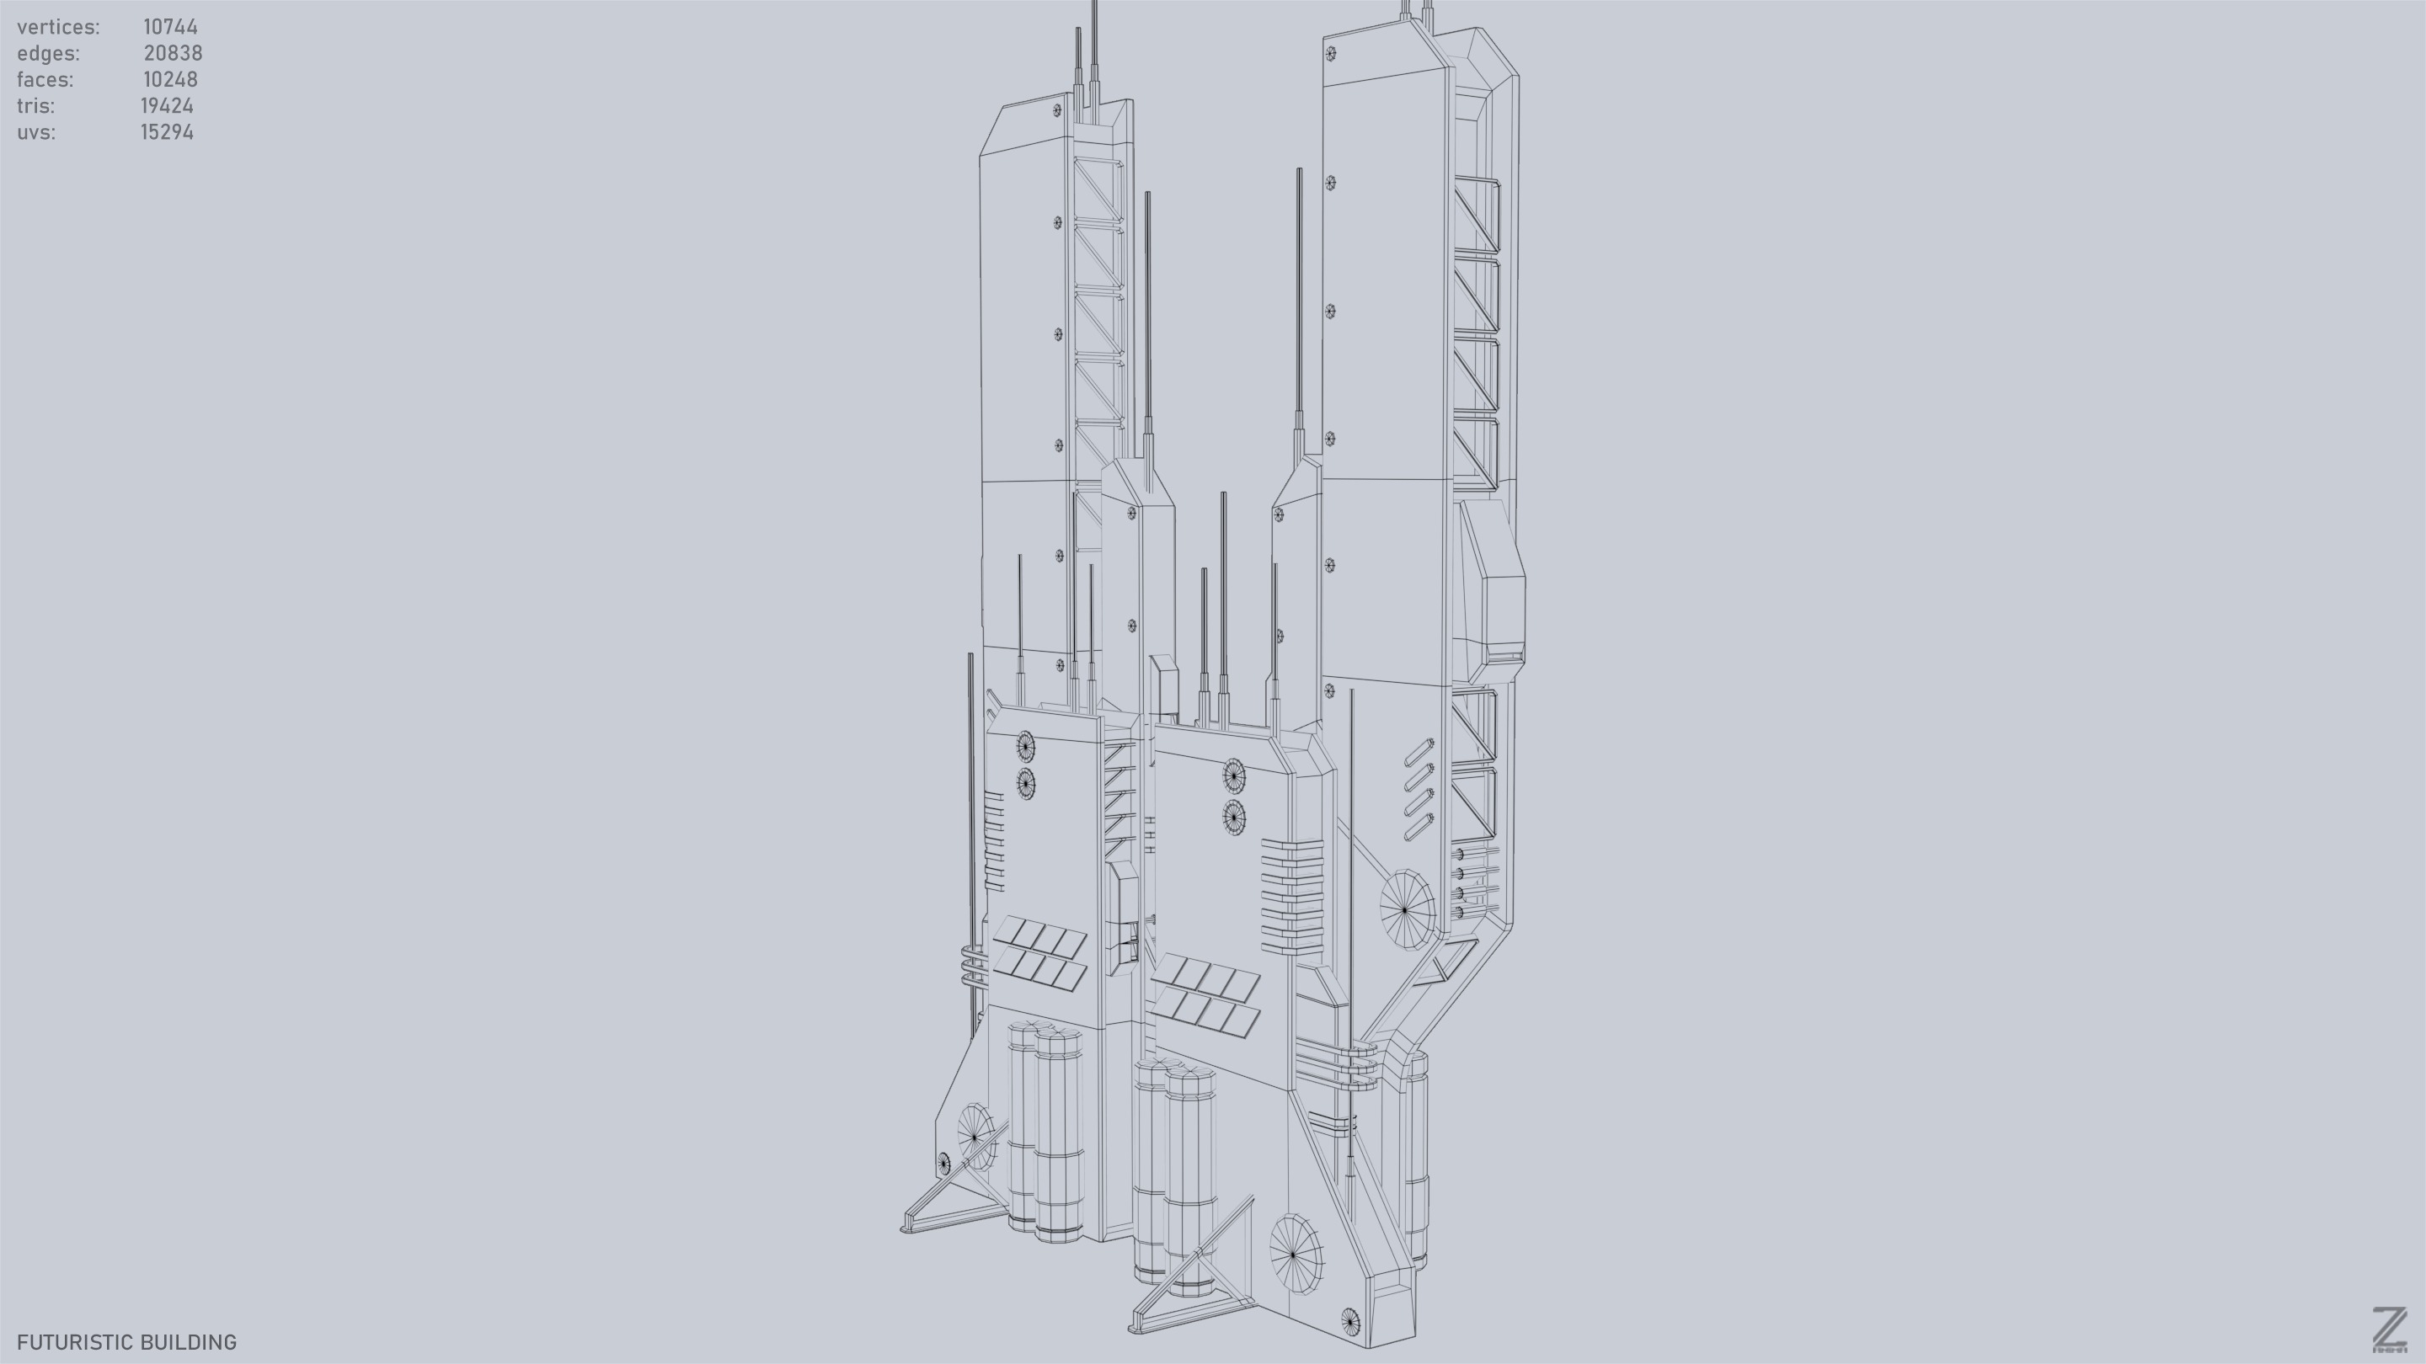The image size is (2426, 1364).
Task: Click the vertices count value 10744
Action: point(170,27)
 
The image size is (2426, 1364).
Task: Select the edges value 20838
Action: point(173,54)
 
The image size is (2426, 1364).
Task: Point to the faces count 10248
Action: point(170,80)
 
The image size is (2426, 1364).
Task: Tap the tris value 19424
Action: point(168,106)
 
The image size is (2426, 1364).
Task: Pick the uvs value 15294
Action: point(168,133)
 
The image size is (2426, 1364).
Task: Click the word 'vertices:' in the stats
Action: point(58,27)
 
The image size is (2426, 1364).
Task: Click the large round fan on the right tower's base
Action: point(1406,909)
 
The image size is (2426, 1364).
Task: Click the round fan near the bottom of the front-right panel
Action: point(1295,1254)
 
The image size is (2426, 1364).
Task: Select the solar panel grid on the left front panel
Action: point(1039,955)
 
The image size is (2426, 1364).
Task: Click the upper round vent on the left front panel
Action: point(1026,748)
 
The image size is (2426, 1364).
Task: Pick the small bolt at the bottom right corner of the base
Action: point(1350,1322)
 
